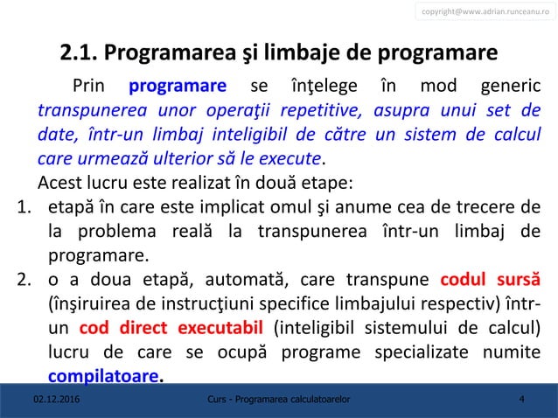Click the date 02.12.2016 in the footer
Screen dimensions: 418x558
point(53,400)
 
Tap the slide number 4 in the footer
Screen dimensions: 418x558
point(521,400)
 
